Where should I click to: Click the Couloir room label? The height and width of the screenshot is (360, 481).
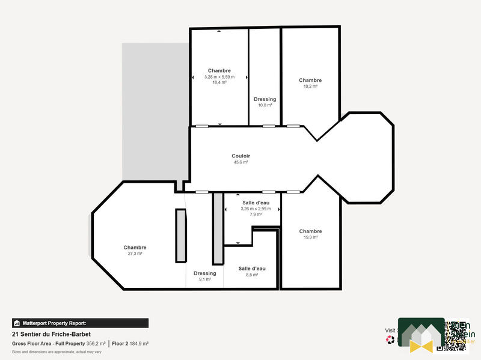tap(240, 156)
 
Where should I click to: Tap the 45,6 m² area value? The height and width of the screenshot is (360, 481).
tap(240, 162)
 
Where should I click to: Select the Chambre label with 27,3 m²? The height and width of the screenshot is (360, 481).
tap(135, 248)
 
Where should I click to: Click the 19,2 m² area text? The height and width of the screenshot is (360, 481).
tap(310, 87)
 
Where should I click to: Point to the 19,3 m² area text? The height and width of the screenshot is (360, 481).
tap(310, 237)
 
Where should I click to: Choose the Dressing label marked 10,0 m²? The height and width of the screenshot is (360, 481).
tap(265, 99)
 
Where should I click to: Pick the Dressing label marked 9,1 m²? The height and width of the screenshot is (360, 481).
tap(204, 273)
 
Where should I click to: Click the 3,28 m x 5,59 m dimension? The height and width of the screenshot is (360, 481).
tap(219, 77)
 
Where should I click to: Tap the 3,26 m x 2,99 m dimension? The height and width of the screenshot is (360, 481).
tap(256, 209)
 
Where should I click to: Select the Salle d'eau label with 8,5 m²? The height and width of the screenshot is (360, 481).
tap(252, 268)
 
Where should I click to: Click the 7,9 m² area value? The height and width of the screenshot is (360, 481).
tap(256, 215)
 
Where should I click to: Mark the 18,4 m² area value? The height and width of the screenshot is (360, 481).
tap(219, 82)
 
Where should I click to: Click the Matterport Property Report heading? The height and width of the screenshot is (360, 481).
tap(54, 323)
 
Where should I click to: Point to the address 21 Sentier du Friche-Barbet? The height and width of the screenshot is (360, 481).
tap(51, 334)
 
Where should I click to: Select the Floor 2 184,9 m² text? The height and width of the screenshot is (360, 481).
tap(130, 343)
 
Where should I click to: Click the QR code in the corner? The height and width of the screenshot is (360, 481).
tap(456, 335)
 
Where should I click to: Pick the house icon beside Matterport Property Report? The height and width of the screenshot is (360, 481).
tap(17, 323)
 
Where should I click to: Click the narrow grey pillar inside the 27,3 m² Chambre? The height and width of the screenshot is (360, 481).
tap(180, 235)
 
